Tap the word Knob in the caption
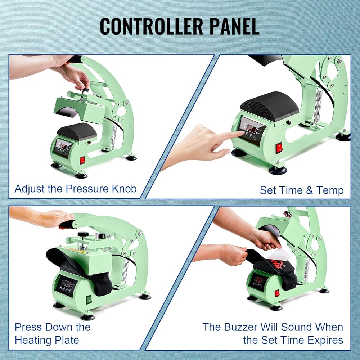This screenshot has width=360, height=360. coord(124,189)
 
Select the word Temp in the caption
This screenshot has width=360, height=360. coord(330,190)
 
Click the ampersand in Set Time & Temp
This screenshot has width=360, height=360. coord(309,190)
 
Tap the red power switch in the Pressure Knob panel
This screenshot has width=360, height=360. coord(82,160)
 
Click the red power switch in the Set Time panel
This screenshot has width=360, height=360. coord(279,148)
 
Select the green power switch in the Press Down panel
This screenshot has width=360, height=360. coord(89,300)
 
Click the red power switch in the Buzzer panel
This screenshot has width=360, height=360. coord(277,293)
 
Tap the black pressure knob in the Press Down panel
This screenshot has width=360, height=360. coord(83,234)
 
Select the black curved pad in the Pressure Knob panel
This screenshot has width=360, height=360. coord(77,131)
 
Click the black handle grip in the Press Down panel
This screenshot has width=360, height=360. coord(67,224)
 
